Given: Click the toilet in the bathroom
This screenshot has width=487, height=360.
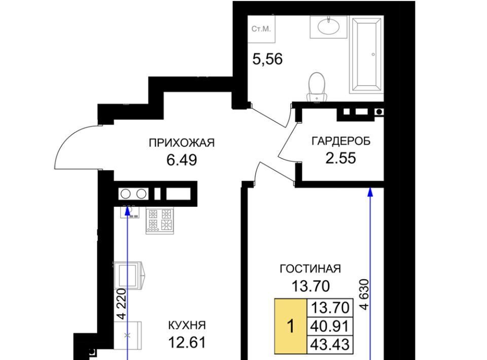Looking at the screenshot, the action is (317, 87).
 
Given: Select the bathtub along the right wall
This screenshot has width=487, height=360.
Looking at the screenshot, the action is (366, 55).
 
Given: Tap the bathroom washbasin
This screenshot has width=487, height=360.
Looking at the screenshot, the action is (328, 26).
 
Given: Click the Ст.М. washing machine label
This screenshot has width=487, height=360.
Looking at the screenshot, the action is (261, 29).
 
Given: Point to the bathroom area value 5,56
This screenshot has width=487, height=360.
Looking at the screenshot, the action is (267, 59).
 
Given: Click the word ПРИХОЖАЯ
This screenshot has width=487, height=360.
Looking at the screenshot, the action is (182, 143).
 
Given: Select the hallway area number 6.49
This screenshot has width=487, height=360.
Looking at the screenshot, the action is (182, 160).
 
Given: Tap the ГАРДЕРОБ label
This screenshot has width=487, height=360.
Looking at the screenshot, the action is (341, 141).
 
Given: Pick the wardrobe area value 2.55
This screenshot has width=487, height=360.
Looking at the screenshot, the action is (341, 158).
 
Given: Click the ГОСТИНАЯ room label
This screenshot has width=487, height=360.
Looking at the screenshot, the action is (310, 269).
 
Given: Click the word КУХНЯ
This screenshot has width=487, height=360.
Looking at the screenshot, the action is (187, 326).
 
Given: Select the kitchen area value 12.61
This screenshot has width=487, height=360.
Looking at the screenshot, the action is (187, 343).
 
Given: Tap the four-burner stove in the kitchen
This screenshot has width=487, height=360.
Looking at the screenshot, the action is (160, 221).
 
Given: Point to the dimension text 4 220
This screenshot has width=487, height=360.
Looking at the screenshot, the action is (122, 304).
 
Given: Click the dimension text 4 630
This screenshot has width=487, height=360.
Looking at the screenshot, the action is (364, 294).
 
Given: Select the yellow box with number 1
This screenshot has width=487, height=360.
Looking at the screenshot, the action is (290, 327).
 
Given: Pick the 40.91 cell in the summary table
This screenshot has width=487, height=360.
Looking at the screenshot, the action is (330, 327).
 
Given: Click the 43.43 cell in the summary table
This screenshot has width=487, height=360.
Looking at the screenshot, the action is (330, 344).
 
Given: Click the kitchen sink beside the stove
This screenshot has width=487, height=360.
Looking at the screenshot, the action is (130, 211).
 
